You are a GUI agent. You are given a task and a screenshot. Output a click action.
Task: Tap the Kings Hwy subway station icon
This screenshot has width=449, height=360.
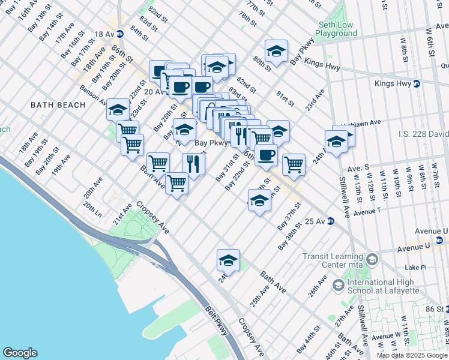click(417, 83)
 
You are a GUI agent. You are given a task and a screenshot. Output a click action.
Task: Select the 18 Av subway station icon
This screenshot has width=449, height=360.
click(120, 34)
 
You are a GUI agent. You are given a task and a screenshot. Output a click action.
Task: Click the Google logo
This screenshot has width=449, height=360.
click(20, 353)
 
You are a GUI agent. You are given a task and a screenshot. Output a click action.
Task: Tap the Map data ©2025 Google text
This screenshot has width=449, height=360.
click(412, 355)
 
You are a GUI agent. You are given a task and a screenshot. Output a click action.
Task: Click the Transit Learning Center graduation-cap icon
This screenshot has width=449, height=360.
click(372, 260)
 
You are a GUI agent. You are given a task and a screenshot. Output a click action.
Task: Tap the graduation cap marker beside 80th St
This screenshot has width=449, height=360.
click(276, 52)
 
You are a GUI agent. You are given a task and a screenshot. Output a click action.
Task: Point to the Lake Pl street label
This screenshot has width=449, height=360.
click(415, 267)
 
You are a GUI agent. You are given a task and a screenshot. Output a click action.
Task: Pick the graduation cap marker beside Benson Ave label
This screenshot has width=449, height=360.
click(118, 109)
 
